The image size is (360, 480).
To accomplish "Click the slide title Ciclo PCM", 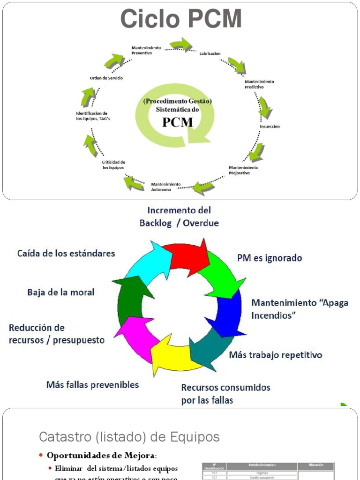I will [x=181, y=20].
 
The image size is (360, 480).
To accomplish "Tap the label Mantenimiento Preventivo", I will [x=146, y=50].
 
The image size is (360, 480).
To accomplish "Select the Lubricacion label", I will [x=210, y=53].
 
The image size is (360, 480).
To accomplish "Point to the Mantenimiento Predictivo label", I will [x=259, y=84].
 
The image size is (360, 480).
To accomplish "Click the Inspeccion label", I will [x=270, y=127].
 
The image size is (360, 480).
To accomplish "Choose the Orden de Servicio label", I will [x=106, y=78].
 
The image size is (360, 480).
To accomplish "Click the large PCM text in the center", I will [x=177, y=122].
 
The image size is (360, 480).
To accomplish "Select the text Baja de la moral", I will [x=61, y=292].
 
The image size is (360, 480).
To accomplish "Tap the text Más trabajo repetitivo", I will [x=276, y=355].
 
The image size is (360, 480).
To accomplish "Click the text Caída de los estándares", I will [x=66, y=253].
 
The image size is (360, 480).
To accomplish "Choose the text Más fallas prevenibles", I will [x=92, y=385].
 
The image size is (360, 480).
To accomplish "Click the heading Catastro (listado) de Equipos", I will [x=129, y=437].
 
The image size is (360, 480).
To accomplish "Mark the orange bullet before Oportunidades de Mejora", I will [x=41, y=456].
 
